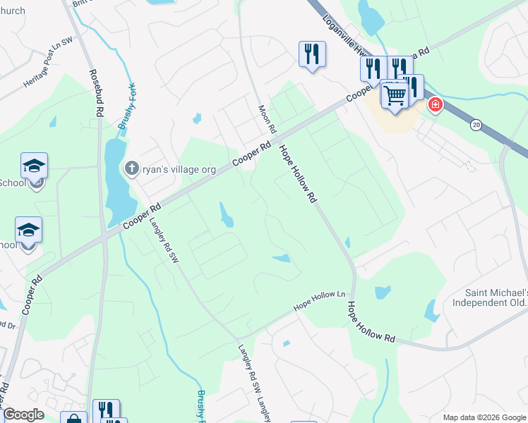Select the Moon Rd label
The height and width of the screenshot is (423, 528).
click(x=266, y=117)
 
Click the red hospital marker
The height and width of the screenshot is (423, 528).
click(x=436, y=106)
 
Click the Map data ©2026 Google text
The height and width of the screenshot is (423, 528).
click(x=484, y=417)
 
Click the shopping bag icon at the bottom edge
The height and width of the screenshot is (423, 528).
click(x=73, y=419)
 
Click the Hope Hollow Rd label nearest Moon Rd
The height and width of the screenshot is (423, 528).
click(x=296, y=174)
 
